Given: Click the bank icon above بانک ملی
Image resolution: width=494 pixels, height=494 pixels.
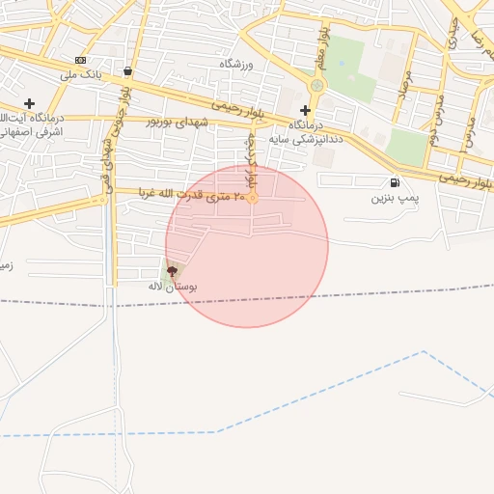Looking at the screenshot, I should pos(80,60).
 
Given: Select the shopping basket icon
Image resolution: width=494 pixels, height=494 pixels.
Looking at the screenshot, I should pos(128,70).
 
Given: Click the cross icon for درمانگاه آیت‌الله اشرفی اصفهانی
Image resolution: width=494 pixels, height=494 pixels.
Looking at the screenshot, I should pos(29,103).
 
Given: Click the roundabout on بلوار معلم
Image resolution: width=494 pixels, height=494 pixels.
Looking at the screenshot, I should pos(316,86).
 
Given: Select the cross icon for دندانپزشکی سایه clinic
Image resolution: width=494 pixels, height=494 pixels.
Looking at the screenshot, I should pos(305,110).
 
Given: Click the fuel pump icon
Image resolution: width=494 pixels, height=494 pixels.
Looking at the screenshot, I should pos(395,183).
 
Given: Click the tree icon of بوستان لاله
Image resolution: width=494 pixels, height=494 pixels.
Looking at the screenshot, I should pos(173,271).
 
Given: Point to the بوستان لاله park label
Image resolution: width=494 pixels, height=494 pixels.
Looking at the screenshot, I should pos(173,287).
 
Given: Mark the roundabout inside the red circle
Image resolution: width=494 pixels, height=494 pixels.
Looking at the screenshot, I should pos(253,199).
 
